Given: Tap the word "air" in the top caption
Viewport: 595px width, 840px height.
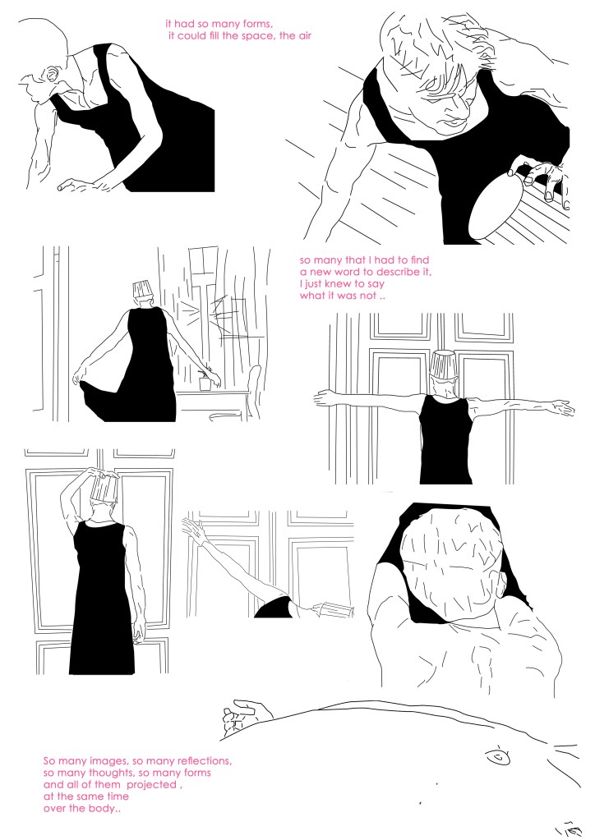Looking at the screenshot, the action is coord(304,36).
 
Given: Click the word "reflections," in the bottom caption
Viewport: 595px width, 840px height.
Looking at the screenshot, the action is coord(205,760).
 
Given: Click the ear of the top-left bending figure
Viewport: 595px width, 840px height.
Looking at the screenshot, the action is coord(53,75).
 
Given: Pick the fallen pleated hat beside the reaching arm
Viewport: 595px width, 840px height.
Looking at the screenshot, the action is coord(334,609).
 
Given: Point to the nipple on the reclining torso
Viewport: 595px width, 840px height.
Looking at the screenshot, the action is coord(497,758).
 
